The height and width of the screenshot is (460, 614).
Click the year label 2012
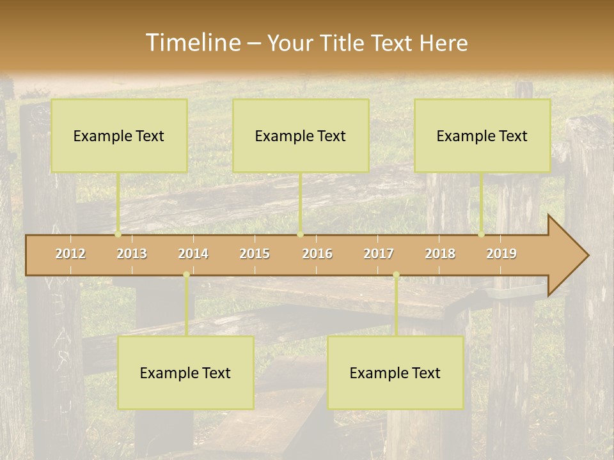coord(70,254)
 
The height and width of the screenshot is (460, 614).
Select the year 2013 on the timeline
coord(132,254)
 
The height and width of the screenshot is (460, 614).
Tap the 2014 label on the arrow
coord(193,254)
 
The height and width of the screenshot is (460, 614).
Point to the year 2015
coord(255,254)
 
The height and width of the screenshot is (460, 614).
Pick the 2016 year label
coord(317,254)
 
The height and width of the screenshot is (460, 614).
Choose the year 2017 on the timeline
coord(379,254)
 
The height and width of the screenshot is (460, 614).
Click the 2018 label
coord(440,254)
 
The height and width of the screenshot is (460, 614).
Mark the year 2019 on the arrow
coord(501,254)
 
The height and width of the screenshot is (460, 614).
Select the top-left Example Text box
coord(119,135)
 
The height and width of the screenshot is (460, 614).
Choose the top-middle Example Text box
coord(301,135)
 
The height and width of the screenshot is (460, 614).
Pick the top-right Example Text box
coord(482,135)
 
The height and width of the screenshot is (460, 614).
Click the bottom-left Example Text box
coord(185,372)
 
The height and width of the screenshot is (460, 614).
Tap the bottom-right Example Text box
coord(395,372)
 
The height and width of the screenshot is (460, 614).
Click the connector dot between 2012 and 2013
coord(118,234)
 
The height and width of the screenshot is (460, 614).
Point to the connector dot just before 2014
coord(186,275)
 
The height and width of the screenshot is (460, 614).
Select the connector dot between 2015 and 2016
coord(300,234)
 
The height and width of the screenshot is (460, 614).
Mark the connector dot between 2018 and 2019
coord(482,234)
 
